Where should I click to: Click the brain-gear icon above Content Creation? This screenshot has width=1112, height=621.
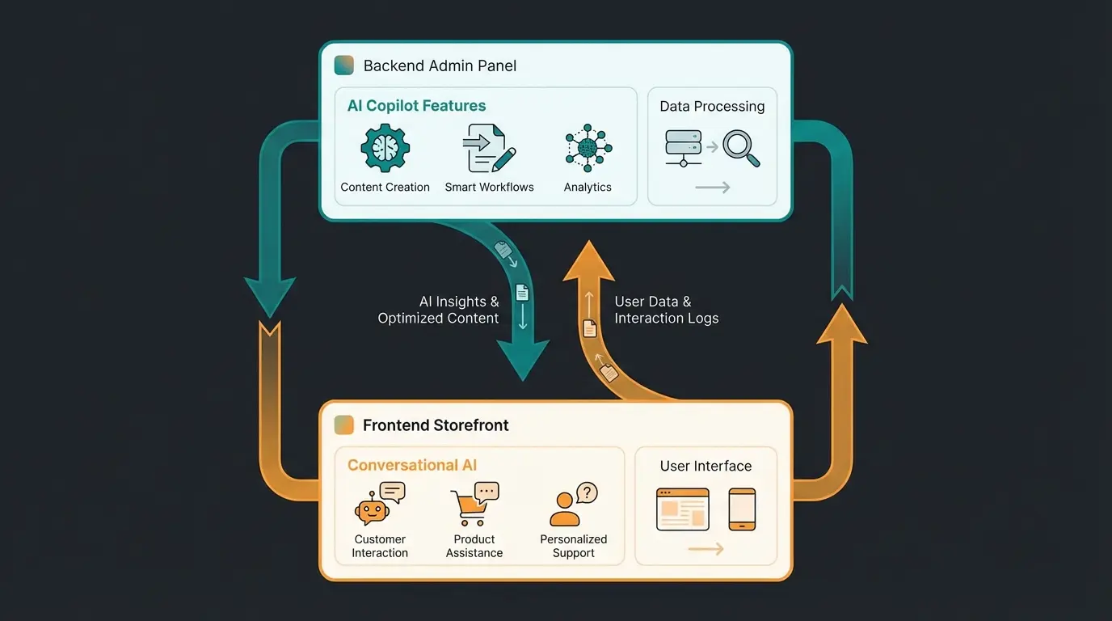coord(385,148)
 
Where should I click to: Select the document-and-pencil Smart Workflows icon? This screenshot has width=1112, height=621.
coord(489,148)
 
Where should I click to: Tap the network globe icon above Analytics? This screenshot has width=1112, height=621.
coord(588,148)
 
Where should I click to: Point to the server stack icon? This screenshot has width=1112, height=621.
coord(683,148)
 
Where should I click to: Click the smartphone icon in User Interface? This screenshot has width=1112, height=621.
coord(742,509)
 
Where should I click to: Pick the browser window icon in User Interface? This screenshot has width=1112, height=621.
coord(683,509)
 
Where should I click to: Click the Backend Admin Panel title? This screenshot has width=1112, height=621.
coord(440,66)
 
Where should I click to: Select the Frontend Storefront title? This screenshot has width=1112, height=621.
coord(436,425)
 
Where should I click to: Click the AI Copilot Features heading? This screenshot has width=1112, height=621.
coord(416,106)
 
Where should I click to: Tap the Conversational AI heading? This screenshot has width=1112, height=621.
coord(412,465)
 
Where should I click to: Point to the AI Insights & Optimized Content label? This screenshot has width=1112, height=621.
coord(439,310)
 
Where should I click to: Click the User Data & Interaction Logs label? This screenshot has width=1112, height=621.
coord(666,310)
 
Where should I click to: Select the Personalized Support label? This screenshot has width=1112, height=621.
coord(574,546)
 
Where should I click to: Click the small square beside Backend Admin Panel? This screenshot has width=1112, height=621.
coord(343,65)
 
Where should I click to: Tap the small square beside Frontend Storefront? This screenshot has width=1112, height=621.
coord(343,425)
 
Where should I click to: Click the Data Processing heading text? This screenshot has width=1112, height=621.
coord(712,107)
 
